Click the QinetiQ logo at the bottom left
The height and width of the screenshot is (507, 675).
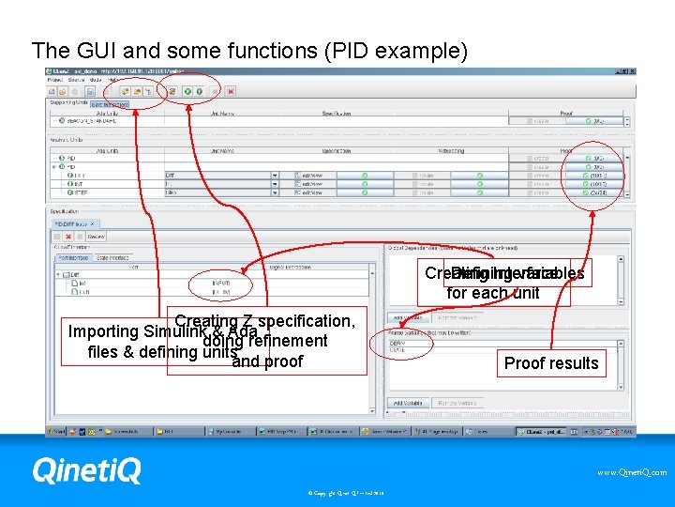click(x=86, y=469)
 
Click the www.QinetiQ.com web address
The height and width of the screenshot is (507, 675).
click(x=632, y=472)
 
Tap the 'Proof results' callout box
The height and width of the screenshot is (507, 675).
click(x=550, y=363)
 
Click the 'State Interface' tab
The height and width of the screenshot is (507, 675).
click(x=112, y=256)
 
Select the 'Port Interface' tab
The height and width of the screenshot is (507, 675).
click(x=73, y=256)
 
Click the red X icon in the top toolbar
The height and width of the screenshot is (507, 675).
click(x=231, y=91)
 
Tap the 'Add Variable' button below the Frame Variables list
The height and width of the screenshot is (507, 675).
click(x=406, y=403)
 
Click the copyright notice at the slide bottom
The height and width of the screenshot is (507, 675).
click(x=337, y=491)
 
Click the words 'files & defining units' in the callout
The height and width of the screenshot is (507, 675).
click(x=159, y=353)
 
